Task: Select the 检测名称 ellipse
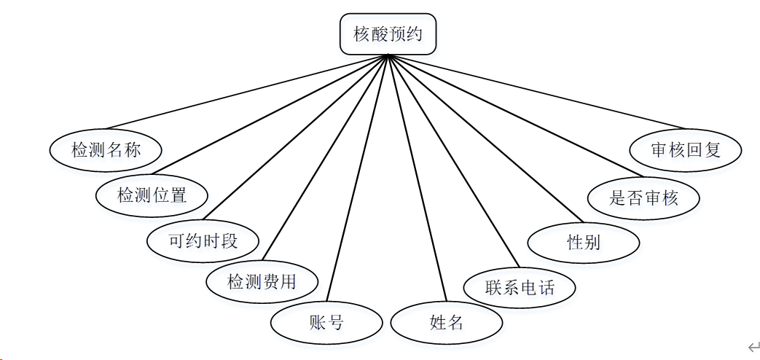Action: [106, 150]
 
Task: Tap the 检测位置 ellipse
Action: [152, 195]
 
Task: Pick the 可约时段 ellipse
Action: [203, 240]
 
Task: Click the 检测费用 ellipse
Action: [262, 281]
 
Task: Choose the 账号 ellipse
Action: [326, 322]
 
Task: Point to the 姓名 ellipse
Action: [447, 322]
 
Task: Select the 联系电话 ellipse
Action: [520, 286]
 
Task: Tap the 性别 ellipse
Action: [584, 242]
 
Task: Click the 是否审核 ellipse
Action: [644, 197]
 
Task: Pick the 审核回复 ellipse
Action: [686, 150]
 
